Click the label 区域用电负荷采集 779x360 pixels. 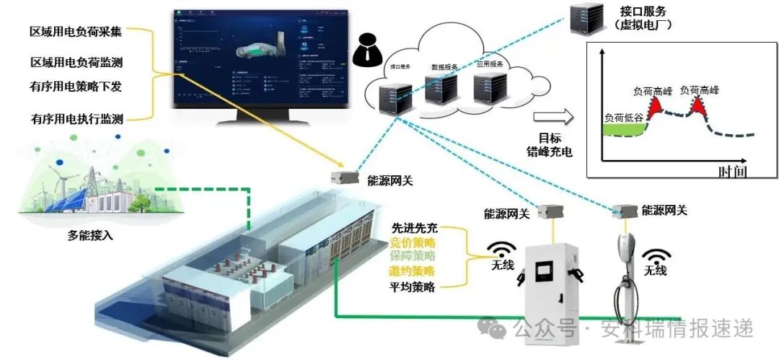tap(75, 32)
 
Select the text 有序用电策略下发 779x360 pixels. tap(75, 87)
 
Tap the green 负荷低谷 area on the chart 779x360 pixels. tap(622, 130)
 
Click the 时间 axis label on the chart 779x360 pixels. tap(731, 171)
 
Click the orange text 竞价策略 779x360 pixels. tap(413, 242)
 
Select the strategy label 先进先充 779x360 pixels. tap(413, 228)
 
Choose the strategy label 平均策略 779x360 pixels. tap(413, 286)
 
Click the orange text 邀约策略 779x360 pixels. tap(413, 271)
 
